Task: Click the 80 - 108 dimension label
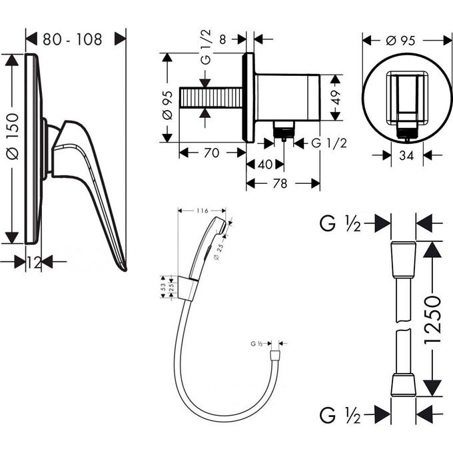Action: pos(73,39)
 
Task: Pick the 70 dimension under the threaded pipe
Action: pos(211,153)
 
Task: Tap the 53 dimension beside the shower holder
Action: pos(163,286)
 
